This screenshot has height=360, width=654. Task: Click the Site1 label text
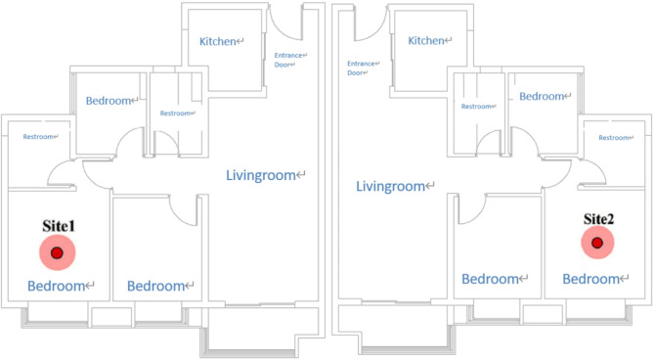point(59,226)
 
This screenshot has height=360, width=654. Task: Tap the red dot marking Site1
point(57,252)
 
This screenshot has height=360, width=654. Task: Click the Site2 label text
point(598,219)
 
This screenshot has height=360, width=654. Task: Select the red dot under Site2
point(597,243)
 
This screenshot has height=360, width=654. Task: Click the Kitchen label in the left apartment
point(218,41)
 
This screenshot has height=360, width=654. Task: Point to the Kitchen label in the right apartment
point(426,40)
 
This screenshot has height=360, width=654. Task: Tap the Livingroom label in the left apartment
point(261,175)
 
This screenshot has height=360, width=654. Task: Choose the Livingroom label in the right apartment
point(390,186)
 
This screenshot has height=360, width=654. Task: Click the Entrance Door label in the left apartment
point(288,60)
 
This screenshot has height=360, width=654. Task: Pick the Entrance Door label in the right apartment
point(361,68)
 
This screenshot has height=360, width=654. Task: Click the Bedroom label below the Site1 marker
point(57,287)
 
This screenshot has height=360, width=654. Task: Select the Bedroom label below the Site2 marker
point(591,279)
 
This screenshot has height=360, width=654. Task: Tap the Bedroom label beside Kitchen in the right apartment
point(542,97)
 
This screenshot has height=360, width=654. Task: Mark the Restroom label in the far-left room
point(38,136)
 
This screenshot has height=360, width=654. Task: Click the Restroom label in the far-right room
point(614,138)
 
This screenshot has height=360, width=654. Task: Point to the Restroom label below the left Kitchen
point(175,113)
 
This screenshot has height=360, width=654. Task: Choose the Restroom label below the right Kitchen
point(476,107)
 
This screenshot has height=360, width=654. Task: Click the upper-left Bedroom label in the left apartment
point(109,101)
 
